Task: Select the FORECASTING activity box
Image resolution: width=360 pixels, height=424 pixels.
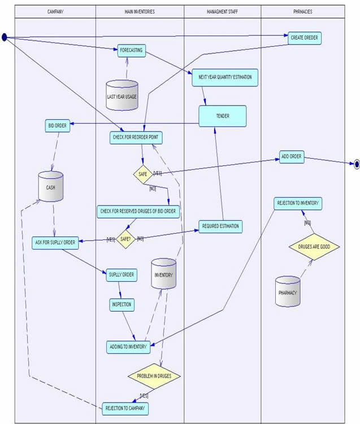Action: [x=132, y=51]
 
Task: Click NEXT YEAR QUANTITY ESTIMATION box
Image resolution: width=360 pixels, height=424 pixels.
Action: [x=225, y=77]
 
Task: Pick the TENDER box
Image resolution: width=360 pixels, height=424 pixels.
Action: [x=222, y=116]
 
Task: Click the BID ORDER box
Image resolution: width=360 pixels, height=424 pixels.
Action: [x=58, y=125]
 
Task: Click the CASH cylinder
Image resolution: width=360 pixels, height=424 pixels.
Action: [x=51, y=186]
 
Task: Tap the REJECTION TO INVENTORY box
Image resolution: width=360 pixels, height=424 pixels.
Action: [x=298, y=203]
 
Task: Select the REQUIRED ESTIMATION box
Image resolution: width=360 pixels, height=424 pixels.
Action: [x=220, y=226]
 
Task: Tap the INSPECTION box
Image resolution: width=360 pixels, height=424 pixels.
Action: [x=122, y=304]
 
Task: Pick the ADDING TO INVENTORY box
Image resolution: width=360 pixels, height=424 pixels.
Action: [x=128, y=346]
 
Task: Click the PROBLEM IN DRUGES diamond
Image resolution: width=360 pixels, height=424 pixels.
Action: [x=154, y=376]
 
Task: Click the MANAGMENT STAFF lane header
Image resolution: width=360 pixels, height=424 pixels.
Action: [x=223, y=11]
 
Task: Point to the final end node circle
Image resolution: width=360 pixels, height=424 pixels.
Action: [x=357, y=165]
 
